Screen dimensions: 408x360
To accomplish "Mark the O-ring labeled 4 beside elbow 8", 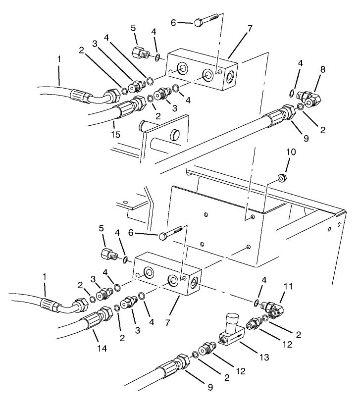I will [x=294, y=94].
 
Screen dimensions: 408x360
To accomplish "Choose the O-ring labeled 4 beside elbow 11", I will [x=257, y=303].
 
